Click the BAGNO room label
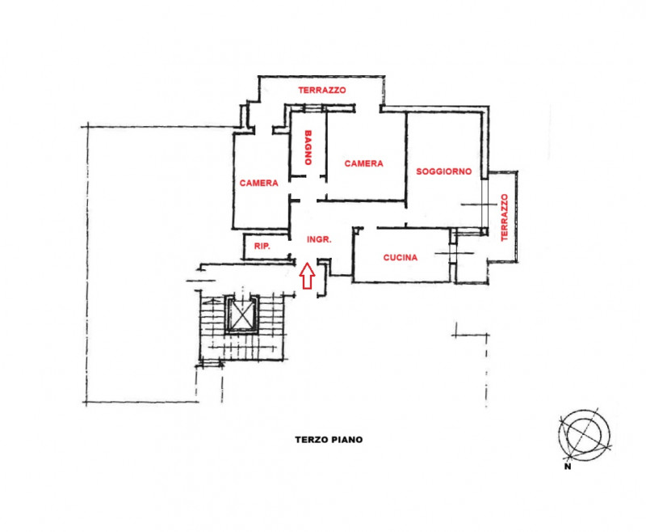[307, 149]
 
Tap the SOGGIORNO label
[443, 172]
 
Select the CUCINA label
[400, 258]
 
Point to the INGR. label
[321, 240]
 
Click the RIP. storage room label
[261, 246]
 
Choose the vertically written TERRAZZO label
[504, 217]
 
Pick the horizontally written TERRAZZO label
[321, 91]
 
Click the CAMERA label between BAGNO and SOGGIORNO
[363, 163]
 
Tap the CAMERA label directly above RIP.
[258, 184]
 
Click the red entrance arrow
[307, 275]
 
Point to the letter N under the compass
[568, 467]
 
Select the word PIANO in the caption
[346, 440]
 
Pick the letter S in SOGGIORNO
[419, 172]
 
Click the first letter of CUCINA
[386, 258]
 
